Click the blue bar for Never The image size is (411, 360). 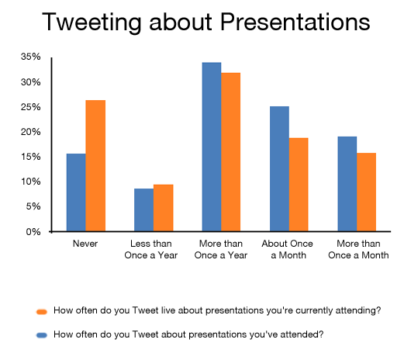coord(76,192)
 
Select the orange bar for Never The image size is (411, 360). coord(95,166)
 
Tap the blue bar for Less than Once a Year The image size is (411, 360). coord(144,209)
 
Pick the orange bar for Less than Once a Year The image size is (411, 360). coord(164,208)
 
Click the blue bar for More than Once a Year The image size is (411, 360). coord(212,147)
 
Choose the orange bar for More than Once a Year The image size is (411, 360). coord(230,152)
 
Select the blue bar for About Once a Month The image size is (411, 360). coord(279,169)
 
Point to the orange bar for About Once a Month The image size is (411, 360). coord(299,185)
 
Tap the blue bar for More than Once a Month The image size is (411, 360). coord(347,184)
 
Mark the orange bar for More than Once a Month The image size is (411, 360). coord(367,192)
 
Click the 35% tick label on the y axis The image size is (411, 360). coord(31,57)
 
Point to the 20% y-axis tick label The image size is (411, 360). coord(31,132)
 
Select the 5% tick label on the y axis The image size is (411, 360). coord(33,206)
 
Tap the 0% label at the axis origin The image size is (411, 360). coord(33,232)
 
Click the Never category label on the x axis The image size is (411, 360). coord(85,244)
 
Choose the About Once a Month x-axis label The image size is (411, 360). coord(287,249)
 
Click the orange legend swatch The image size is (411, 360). coord(42,311)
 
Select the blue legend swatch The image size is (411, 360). coord(42,335)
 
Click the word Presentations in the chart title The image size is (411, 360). coord(295,22)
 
